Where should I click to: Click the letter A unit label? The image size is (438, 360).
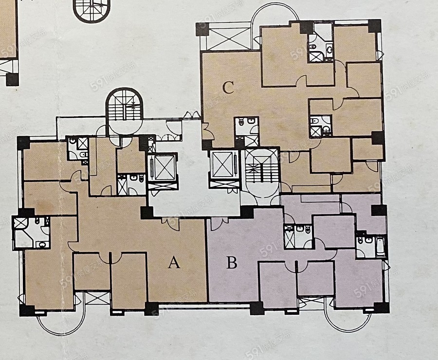[x=174, y=263]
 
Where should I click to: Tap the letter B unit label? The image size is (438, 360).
[x=232, y=263]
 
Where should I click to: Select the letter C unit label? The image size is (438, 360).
[x=228, y=88]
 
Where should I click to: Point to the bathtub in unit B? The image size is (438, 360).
[x=380, y=247]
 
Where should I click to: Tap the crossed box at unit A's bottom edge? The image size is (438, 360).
[x=97, y=298]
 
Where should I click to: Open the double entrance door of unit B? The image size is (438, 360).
[x=219, y=224]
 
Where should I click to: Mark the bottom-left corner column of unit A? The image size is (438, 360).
[x=27, y=310]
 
